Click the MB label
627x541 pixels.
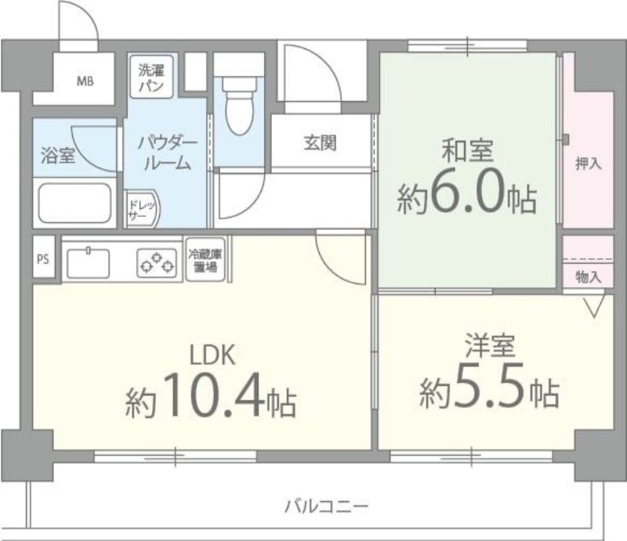tap(85, 81)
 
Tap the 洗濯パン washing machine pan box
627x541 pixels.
tap(151, 75)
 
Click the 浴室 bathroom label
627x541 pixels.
tap(58, 154)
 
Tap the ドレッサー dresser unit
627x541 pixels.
tap(143, 211)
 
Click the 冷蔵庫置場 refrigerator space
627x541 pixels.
tap(204, 261)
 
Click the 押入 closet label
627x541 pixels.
tap(588, 164)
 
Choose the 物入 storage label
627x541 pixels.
tap(588, 276)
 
